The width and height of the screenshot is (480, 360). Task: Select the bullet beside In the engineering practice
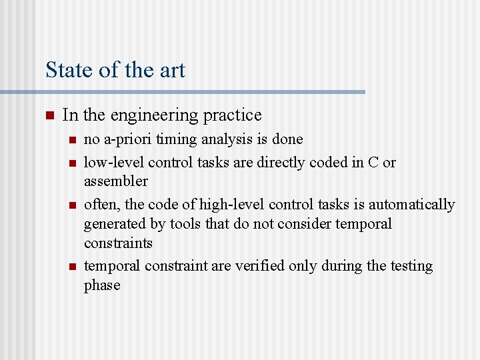(49, 115)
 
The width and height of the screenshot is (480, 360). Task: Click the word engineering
(155, 115)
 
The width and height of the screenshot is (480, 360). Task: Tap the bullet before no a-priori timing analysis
(72, 140)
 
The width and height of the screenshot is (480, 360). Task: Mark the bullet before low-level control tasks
(72, 163)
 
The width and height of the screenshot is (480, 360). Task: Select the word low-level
(113, 162)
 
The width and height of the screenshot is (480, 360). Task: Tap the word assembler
(116, 181)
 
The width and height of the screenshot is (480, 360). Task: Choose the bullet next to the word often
(72, 205)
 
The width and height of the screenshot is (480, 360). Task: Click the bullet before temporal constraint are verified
(72, 267)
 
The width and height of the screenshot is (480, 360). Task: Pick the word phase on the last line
(102, 285)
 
